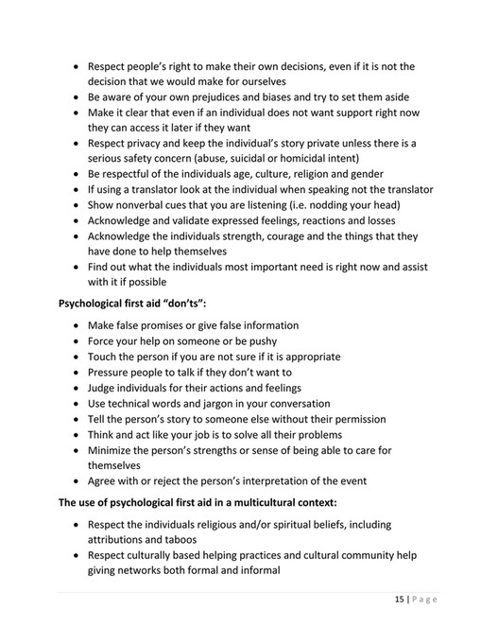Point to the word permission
[354, 418]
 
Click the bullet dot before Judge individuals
[77, 388]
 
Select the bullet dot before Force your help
[77, 341]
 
